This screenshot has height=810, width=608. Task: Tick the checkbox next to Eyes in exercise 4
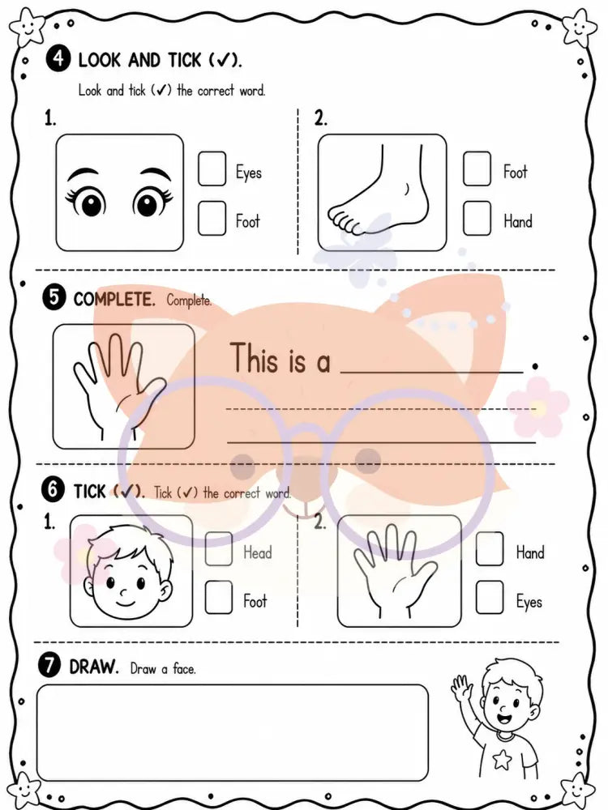(212, 168)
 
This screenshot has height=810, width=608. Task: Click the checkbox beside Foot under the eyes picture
(212, 218)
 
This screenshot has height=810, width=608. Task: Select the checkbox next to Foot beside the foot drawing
(477, 168)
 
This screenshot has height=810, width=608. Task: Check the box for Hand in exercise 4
(477, 218)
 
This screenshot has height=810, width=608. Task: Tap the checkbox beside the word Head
(219, 549)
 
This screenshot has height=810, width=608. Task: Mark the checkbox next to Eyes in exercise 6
(490, 597)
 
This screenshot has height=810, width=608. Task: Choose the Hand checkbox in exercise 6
(490, 549)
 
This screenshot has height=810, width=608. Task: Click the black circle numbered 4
(58, 58)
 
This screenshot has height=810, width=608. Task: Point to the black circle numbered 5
(54, 298)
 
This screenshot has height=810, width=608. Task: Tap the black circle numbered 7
(49, 665)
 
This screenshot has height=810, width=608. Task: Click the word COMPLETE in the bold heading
(114, 299)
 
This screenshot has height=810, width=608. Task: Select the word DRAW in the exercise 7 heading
(94, 667)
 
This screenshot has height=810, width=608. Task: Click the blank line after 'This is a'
(432, 372)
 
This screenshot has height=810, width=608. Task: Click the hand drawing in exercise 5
(120, 386)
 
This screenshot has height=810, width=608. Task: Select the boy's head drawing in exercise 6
(128, 573)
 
